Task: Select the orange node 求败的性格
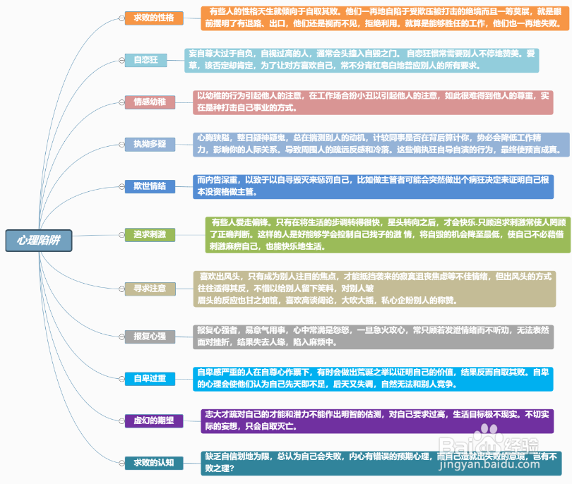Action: [153, 18]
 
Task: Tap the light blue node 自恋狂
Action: [145, 61]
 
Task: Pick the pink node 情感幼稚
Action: [149, 102]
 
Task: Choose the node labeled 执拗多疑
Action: [149, 144]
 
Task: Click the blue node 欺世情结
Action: [149, 186]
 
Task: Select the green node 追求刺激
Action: [149, 234]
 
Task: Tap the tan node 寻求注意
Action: [149, 288]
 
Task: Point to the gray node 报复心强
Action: [149, 337]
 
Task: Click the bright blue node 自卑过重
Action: [149, 379]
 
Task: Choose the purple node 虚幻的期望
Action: [153, 421]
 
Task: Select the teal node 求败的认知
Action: [153, 463]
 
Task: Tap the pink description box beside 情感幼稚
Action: [374, 102]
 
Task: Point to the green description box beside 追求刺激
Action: [388, 234]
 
